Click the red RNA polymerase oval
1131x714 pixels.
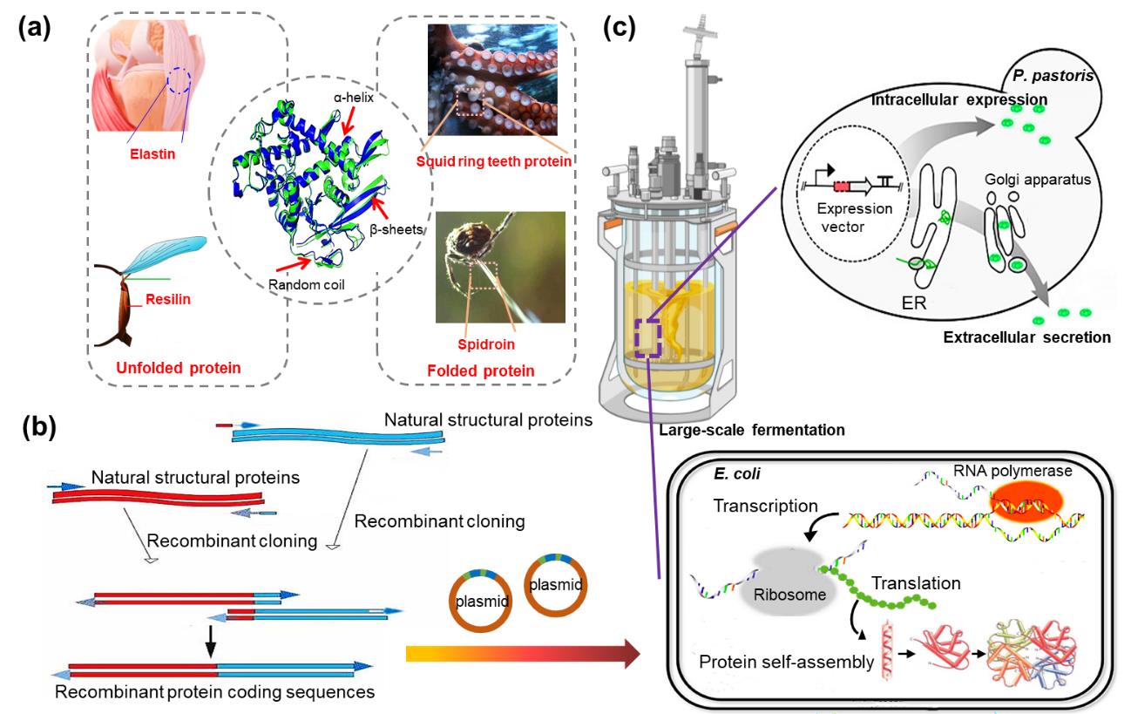coord(1031,500)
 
